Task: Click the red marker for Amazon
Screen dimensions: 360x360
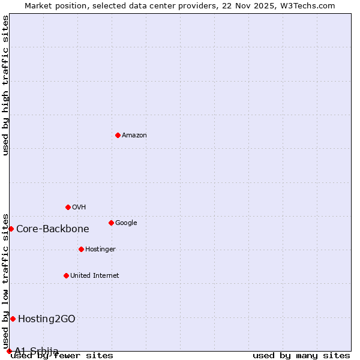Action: click(x=118, y=135)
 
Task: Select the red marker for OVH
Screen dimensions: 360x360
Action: click(x=68, y=207)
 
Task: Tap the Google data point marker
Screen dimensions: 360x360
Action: click(x=111, y=223)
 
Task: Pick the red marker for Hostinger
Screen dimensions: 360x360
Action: click(x=81, y=249)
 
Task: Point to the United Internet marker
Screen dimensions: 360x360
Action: click(x=66, y=275)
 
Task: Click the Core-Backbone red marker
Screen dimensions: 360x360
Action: click(x=11, y=229)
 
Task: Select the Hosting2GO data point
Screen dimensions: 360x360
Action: click(x=13, y=319)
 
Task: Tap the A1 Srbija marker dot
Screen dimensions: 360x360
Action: click(x=9, y=351)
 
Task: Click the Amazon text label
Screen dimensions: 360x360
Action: click(x=134, y=136)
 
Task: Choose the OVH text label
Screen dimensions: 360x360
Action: click(x=79, y=208)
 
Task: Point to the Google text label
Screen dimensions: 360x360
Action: click(x=126, y=223)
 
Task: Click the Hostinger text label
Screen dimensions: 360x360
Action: click(x=100, y=250)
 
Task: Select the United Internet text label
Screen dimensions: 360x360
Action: click(x=95, y=276)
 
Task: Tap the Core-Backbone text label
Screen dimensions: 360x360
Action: click(x=53, y=229)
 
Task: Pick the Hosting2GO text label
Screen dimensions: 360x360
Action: click(x=47, y=319)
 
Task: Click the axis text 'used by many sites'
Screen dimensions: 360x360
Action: click(x=301, y=356)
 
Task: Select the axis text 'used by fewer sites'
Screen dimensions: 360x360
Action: click(x=62, y=356)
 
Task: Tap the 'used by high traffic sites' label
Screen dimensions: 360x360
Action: click(x=5, y=85)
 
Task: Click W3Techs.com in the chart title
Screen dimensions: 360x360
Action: click(x=307, y=5)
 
